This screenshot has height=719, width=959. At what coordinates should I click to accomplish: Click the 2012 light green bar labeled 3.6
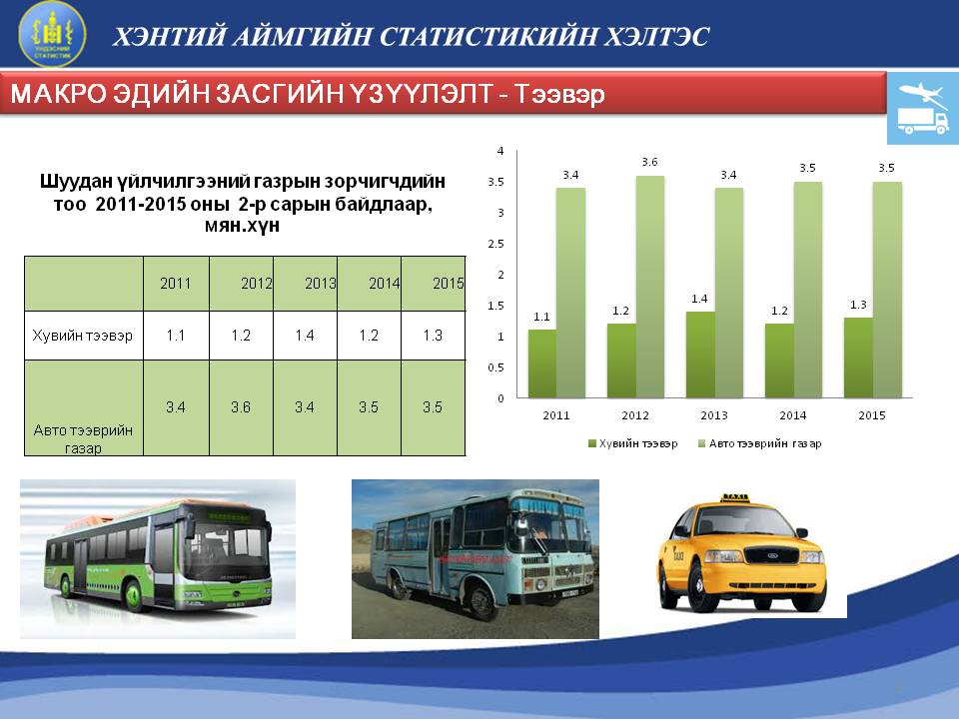coord(650,287)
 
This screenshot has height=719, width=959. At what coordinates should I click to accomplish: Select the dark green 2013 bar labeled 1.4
coord(700,355)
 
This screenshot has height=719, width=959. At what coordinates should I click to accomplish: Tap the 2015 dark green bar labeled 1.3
coord(858,358)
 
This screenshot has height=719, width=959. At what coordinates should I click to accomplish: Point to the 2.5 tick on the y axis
coord(496,244)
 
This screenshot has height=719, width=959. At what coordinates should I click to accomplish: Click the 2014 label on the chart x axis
coord(792,415)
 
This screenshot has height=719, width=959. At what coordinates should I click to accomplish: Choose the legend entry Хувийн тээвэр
coord(633,443)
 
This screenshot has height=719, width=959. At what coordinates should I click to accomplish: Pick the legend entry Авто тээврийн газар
coord(759,443)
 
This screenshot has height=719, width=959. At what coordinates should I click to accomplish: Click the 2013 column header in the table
coord(321,283)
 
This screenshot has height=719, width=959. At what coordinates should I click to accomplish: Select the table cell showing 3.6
coord(241,407)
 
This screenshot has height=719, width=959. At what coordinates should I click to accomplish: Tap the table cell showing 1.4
coord(305,336)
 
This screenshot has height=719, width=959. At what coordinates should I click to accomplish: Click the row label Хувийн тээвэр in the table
coord(83,336)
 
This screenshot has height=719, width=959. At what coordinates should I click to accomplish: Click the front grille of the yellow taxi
coord(770,556)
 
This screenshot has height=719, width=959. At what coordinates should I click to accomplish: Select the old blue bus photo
coord(476,559)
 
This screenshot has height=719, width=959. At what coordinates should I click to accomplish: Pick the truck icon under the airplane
coord(923,121)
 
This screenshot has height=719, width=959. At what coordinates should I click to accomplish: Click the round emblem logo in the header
coord(53,34)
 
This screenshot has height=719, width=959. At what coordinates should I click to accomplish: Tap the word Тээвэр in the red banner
coord(559,94)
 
